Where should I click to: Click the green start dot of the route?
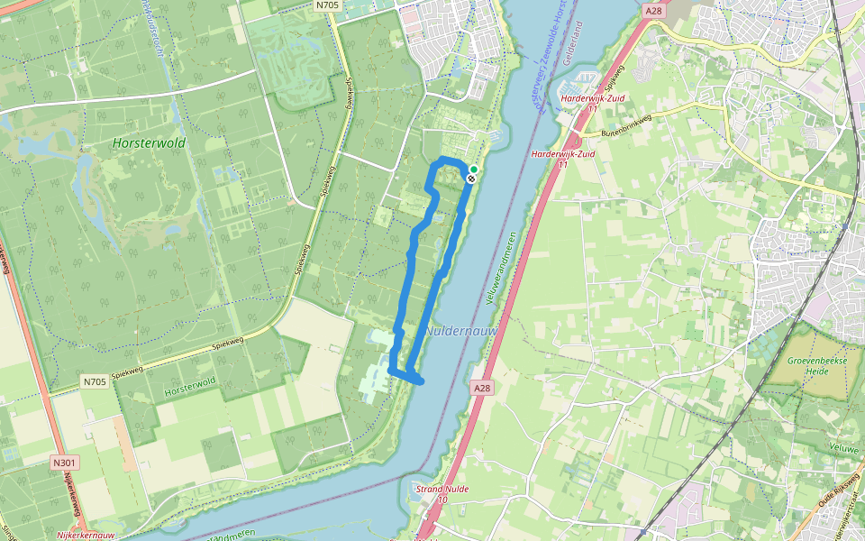[x=474, y=169]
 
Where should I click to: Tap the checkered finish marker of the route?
[x=470, y=178]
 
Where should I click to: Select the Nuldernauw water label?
[x=460, y=331]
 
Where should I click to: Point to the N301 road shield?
[x=63, y=463]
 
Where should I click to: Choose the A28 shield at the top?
[x=654, y=10]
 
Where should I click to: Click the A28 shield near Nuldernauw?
[x=482, y=387]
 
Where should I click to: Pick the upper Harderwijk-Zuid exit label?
[x=587, y=102]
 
